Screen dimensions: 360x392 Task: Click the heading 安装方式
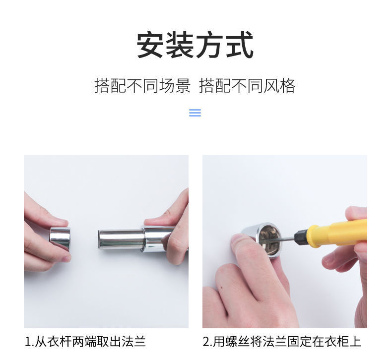tap(195, 46)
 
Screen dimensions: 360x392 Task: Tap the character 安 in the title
tap(150, 46)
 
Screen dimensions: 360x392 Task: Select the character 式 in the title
tap(240, 46)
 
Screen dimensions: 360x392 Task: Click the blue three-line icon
tap(195, 113)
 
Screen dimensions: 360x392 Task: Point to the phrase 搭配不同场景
tap(142, 86)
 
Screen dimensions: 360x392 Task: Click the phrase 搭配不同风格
tap(247, 86)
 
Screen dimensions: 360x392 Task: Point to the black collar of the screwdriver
tap(301, 237)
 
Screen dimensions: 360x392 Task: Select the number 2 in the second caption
tap(206, 342)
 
